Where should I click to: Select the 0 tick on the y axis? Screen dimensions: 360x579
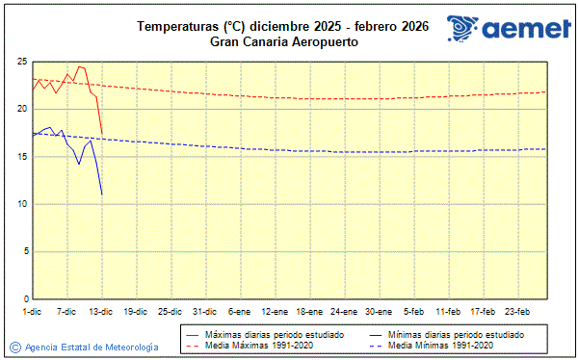[24, 298]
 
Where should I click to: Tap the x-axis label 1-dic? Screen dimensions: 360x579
[32, 312]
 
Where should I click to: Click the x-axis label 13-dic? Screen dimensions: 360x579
[101, 312]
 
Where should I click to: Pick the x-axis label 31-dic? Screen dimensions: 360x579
[204, 312]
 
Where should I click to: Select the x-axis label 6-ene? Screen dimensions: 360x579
[239, 312]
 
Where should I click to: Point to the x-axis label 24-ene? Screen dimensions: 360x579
[343, 312]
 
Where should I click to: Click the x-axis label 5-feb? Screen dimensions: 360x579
[413, 312]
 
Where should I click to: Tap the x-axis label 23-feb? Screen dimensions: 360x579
[517, 312]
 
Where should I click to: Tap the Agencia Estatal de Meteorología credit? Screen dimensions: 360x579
[92, 347]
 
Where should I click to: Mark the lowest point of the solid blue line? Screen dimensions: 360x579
[102, 195]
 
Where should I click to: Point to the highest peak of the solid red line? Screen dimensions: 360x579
[79, 66]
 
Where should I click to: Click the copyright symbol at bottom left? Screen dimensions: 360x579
[15, 347]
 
